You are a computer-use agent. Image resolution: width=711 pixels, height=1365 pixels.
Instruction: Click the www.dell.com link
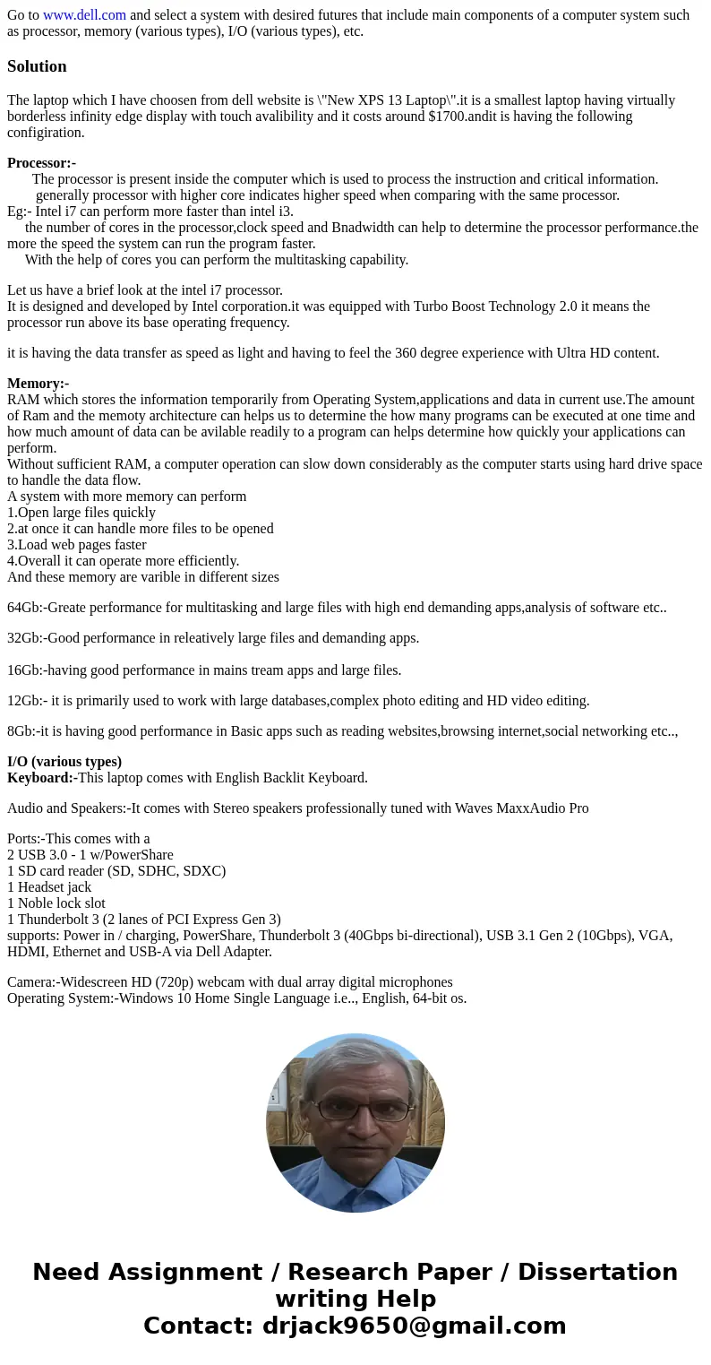click(84, 15)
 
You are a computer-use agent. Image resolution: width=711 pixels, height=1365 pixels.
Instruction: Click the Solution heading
click(37, 66)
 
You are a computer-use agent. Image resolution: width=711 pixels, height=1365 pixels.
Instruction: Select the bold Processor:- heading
click(41, 163)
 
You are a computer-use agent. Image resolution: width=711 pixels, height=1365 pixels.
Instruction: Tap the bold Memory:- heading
click(38, 384)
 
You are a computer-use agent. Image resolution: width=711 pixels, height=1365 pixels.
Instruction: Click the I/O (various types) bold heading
click(64, 762)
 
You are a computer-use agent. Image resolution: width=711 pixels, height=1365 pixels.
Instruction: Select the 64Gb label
click(24, 608)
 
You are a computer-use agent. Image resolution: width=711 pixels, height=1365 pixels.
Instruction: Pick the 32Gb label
click(24, 638)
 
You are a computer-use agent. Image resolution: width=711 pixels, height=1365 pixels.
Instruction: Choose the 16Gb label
click(24, 670)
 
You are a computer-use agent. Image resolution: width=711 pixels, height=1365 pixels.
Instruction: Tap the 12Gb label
click(24, 701)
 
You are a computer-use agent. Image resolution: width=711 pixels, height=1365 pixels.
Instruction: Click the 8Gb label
click(21, 731)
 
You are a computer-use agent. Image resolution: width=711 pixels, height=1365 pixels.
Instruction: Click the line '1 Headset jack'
click(49, 887)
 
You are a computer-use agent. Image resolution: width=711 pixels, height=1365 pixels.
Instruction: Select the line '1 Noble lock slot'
click(56, 903)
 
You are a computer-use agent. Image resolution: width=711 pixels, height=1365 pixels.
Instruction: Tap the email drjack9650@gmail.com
click(414, 1326)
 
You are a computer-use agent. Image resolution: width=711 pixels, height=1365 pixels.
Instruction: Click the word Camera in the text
click(30, 982)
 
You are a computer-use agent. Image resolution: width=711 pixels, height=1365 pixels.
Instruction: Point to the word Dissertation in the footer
click(597, 1272)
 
